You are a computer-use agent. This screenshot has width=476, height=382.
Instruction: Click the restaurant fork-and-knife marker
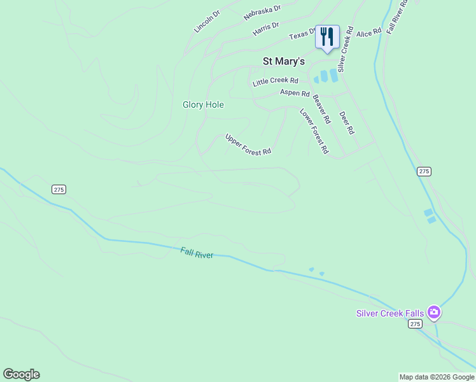pos(327,37)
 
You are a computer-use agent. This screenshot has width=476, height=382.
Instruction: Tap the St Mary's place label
pos(284,61)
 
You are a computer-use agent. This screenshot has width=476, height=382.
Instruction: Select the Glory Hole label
pos(203,104)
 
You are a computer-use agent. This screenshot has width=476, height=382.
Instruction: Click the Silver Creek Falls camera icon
pos(434,312)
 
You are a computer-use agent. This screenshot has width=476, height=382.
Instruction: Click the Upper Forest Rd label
pos(248,145)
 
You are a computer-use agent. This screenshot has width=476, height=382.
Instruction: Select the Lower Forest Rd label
pos(314,131)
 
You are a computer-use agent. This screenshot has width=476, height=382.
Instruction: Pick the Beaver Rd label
pos(321,109)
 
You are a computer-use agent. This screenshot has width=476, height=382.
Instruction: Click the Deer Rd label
pos(346,123)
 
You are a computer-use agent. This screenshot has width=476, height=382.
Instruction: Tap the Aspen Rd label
pos(294,93)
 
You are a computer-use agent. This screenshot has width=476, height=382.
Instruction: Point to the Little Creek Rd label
pos(276,81)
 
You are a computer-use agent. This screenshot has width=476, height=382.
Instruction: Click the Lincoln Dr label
pos(207,21)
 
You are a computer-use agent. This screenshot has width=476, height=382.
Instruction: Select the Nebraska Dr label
pos(262,13)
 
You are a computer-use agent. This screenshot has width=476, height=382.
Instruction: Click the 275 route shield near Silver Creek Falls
pos(415,324)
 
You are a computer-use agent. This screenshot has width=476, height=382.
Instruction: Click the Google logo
pos(21,374)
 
